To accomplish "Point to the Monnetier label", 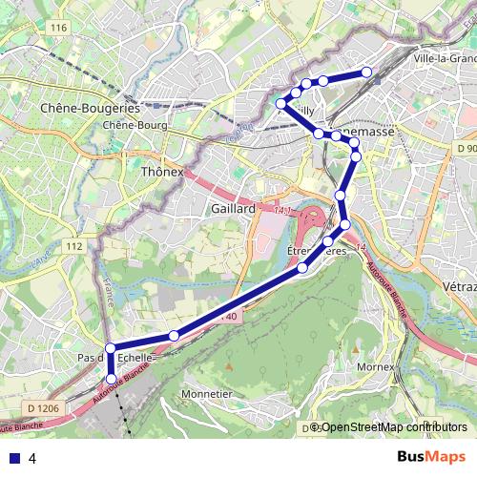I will [x=208, y=393].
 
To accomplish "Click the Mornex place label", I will [x=375, y=366].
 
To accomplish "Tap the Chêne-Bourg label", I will [x=135, y=125].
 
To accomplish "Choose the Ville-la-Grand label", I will [x=445, y=58].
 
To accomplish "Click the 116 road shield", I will [x=59, y=28].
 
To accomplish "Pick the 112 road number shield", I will [x=75, y=246].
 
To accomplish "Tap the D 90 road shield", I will [x=466, y=150].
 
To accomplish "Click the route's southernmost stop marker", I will [x=111, y=380].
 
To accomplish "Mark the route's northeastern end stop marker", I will [x=366, y=73].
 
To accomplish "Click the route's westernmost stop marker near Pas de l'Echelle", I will [x=111, y=348].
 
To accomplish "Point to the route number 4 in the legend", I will [x=32, y=458].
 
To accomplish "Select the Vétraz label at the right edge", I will [x=460, y=286].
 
